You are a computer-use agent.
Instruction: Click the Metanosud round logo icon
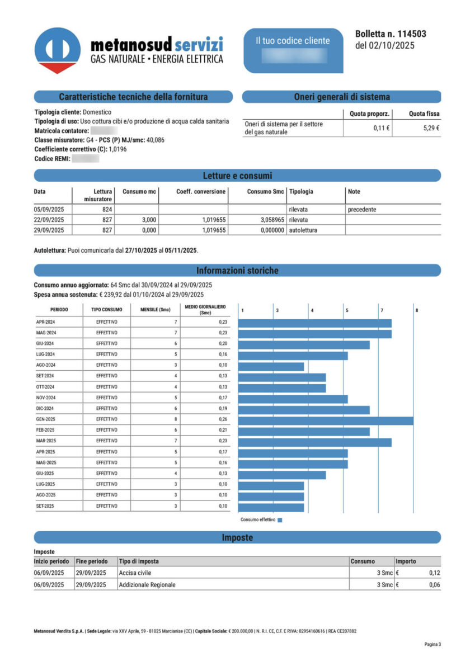tap(57, 50)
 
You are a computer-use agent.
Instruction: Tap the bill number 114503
tap(407, 34)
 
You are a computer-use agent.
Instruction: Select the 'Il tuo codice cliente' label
tap(293, 41)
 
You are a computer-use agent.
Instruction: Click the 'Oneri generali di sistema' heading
tap(341, 97)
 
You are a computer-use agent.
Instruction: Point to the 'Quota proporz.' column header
tap(369, 114)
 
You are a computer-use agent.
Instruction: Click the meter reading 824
tap(107, 209)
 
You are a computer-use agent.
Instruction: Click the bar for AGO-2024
tap(271, 367)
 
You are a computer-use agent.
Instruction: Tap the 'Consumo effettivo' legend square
tap(280, 520)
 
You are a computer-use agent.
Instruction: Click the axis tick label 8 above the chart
tap(417, 310)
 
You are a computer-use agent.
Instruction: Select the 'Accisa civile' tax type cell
tap(135, 573)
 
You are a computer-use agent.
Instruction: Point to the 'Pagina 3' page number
tap(432, 645)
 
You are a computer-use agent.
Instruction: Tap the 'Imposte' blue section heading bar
tap(237, 538)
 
